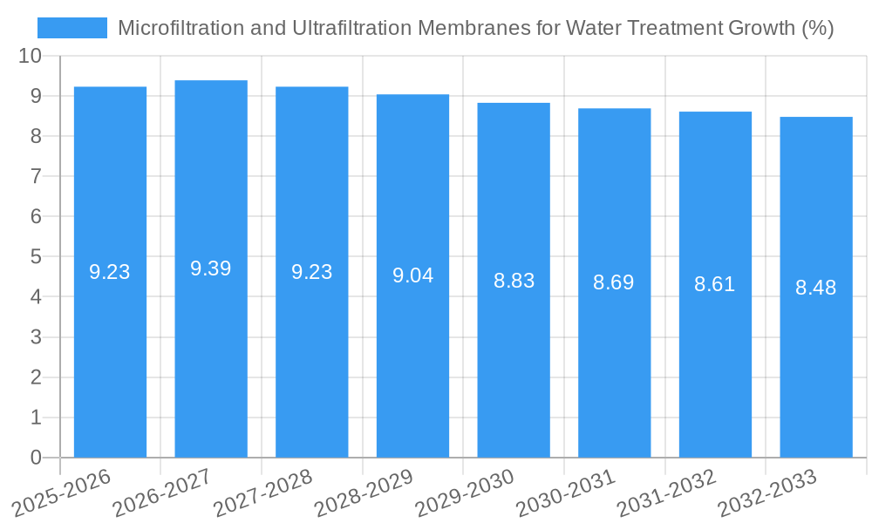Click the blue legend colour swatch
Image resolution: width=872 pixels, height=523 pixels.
(72, 28)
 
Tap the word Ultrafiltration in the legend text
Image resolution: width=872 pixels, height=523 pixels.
(350, 28)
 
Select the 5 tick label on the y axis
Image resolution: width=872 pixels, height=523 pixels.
(36, 256)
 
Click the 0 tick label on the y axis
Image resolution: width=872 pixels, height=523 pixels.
(36, 458)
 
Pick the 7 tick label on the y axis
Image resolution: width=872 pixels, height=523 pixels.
(36, 176)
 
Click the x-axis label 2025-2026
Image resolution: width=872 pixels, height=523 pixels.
(62, 492)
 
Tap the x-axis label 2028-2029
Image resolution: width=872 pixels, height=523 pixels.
(364, 492)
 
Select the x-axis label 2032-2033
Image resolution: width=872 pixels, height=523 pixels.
(767, 492)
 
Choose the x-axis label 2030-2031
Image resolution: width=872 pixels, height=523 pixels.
(566, 492)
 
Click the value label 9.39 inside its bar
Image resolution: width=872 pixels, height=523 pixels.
(211, 268)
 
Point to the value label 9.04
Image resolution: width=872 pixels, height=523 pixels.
(412, 275)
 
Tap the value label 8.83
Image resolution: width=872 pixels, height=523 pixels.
(514, 281)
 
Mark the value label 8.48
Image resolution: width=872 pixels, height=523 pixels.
(816, 288)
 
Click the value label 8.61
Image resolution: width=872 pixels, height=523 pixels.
(715, 284)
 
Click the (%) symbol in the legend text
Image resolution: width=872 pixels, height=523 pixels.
(816, 28)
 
